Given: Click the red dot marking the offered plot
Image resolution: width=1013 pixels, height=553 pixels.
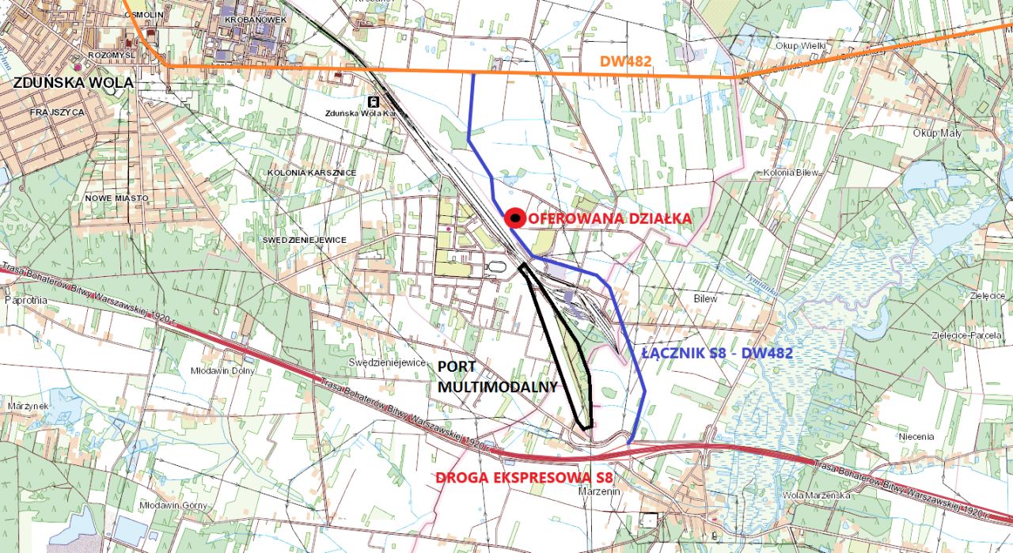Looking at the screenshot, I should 515,218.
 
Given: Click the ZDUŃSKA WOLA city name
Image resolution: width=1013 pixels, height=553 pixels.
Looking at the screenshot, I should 72,82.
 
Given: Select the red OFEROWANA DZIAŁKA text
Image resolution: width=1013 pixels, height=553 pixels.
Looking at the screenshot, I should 609,218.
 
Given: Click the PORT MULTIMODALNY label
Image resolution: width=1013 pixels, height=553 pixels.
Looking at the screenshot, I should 497,377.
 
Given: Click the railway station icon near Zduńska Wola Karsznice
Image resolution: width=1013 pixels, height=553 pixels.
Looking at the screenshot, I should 372,101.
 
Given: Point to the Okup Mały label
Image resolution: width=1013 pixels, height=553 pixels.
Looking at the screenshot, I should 937,133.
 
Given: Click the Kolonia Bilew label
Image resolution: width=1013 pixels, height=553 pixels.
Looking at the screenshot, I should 790,172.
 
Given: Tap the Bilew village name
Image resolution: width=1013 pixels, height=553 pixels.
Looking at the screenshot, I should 704,299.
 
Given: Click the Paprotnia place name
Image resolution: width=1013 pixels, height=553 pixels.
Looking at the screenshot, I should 25,301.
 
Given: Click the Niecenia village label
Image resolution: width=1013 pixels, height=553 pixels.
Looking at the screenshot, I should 916,436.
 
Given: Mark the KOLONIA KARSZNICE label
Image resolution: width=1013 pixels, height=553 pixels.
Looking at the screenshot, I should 311,172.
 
